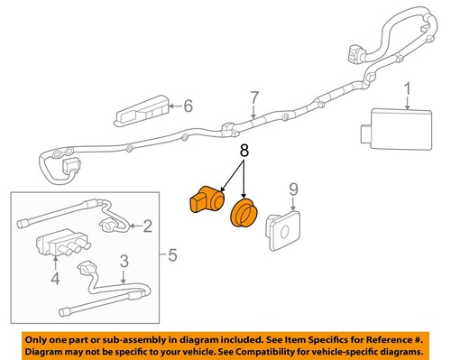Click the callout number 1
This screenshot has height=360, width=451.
407,89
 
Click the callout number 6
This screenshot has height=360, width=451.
188,106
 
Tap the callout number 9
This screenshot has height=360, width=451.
292,190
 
